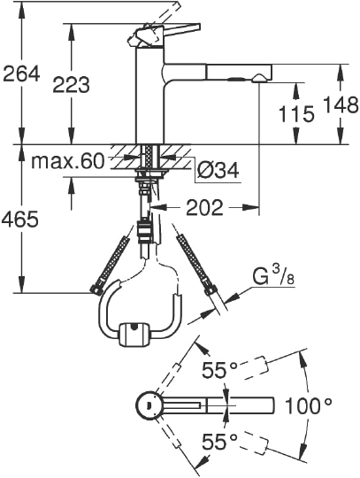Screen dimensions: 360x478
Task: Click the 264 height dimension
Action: (x=21, y=73)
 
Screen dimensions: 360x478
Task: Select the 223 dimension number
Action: (x=72, y=84)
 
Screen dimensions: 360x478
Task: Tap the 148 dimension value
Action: (x=341, y=104)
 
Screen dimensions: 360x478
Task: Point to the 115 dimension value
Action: (x=296, y=114)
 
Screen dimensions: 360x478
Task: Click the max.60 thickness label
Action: (x=67, y=162)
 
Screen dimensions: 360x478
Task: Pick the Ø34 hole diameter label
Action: (x=218, y=170)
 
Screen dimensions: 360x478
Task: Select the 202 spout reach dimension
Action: (x=204, y=208)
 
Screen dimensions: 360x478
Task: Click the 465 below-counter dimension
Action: (x=20, y=220)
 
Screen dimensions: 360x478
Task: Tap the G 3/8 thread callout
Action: (x=273, y=277)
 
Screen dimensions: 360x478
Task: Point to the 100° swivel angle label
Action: (x=308, y=405)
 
